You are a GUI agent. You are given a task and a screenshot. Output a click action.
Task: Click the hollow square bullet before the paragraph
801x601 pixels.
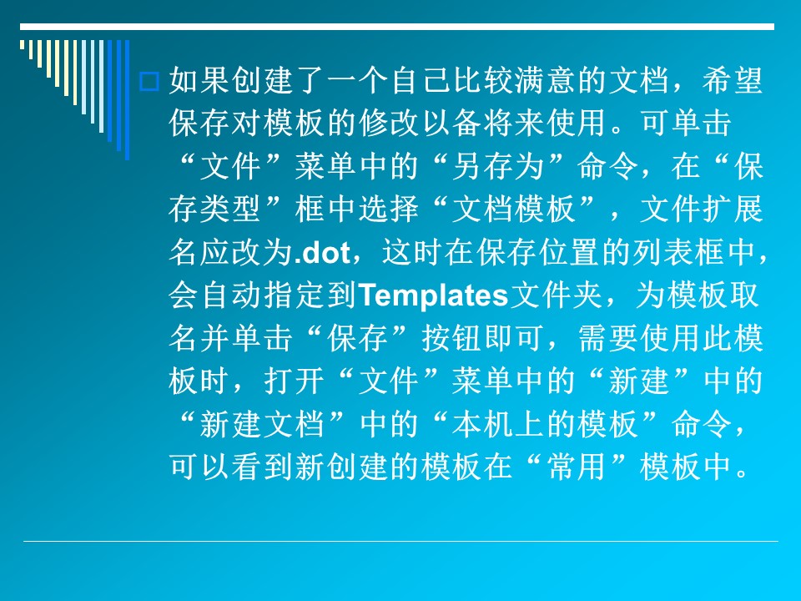(x=149, y=81)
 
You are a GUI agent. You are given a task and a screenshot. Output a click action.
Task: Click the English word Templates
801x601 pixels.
(x=433, y=295)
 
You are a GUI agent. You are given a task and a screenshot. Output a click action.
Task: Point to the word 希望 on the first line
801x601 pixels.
(x=732, y=81)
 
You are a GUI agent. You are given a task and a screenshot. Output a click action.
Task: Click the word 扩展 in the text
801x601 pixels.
(x=732, y=210)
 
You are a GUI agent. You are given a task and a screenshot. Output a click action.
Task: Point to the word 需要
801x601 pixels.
(x=608, y=338)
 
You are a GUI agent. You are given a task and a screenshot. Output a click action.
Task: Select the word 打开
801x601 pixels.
(x=294, y=381)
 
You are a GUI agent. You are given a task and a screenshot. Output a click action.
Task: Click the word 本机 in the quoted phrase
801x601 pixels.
(x=482, y=424)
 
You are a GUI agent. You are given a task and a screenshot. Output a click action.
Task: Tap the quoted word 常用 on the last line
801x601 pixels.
(x=577, y=467)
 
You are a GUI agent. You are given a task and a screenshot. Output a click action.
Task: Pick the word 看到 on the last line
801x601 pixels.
(x=263, y=467)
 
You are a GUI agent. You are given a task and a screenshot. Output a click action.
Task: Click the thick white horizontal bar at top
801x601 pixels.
(x=397, y=27)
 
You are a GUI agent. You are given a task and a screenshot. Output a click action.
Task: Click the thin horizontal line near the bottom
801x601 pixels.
(x=400, y=541)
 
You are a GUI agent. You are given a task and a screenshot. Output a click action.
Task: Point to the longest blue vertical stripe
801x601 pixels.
(x=127, y=100)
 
